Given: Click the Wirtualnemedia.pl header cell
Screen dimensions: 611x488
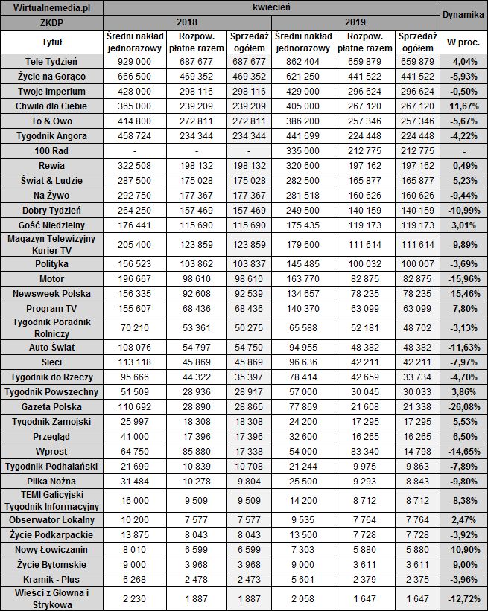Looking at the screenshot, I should (x=51, y=8).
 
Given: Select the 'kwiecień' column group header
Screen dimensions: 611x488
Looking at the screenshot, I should (x=270, y=8).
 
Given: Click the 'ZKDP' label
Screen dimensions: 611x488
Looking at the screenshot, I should (x=51, y=22).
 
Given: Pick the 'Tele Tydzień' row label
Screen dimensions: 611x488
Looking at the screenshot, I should (x=51, y=60).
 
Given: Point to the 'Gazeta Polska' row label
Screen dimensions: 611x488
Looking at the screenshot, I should (x=51, y=408).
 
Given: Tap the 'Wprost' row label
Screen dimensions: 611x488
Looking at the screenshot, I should (x=51, y=452).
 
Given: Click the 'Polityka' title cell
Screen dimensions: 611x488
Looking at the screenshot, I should (x=51, y=264).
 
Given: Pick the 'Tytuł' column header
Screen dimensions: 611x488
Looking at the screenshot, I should (x=51, y=42).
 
